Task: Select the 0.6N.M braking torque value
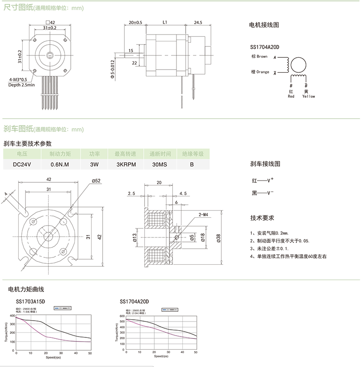click(59, 165)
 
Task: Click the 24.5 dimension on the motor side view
click(197, 22)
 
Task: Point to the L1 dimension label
click(165, 22)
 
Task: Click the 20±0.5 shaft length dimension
click(135, 22)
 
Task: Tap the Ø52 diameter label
click(96, 181)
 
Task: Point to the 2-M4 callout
click(203, 214)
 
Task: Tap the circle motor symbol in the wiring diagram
click(299, 65)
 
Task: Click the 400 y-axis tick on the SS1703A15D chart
click(12, 315)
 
